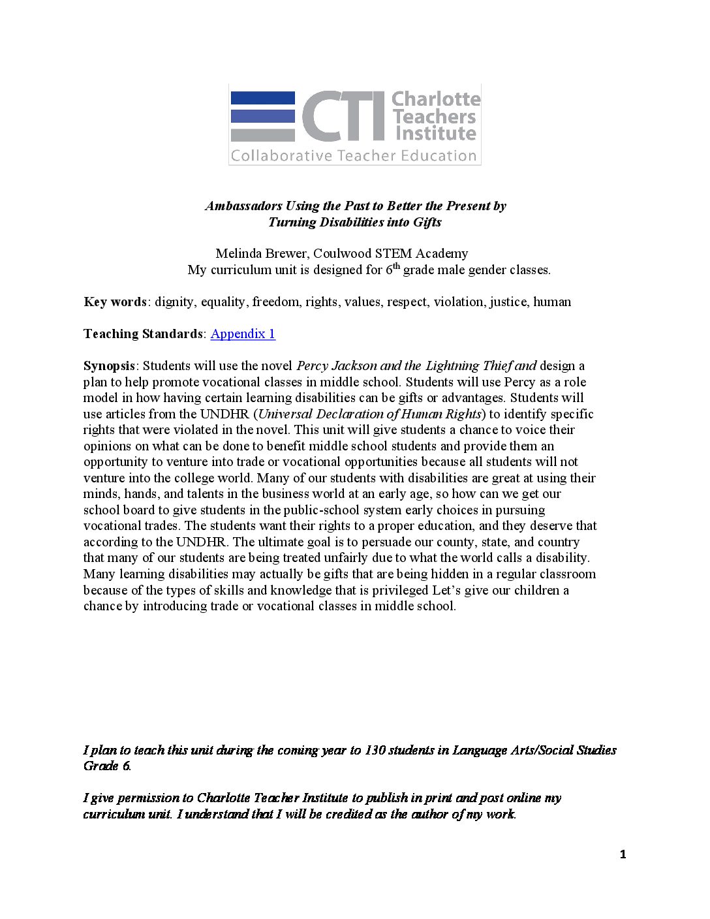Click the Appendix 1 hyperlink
pos(243,334)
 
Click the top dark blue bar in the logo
pos(262,98)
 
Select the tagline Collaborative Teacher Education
pos(354,156)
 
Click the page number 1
pos(623,854)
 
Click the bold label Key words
pos(115,302)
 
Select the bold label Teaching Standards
pos(143,334)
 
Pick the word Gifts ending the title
pos(427,222)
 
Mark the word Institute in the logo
pos(435,134)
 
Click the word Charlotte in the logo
pos(435,99)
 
